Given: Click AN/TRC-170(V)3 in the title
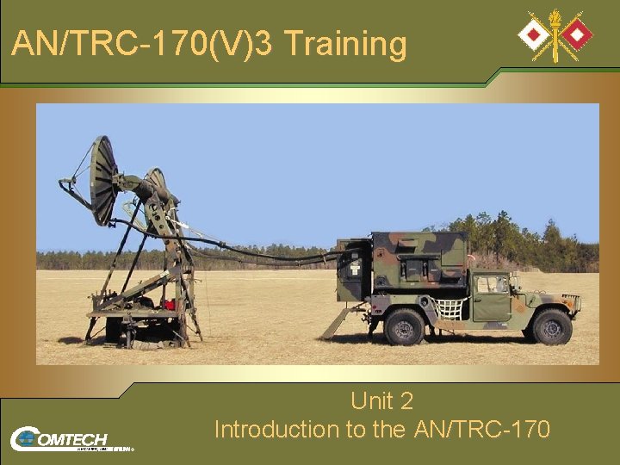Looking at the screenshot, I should point(142,43).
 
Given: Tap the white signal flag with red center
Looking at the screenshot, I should point(530,34).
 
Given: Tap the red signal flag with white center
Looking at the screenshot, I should point(578,34).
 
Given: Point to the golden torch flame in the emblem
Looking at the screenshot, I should point(555,17).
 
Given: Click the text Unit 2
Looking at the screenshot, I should point(381,401).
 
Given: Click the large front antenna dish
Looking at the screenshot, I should point(102,180).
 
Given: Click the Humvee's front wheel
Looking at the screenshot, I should point(552,327).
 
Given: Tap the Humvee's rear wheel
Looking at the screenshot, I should point(404,327).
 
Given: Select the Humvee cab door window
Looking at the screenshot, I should point(492,284).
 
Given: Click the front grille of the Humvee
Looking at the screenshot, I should point(571,303).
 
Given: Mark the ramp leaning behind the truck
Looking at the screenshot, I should point(337,323).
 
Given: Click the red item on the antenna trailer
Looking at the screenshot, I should point(170,304).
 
